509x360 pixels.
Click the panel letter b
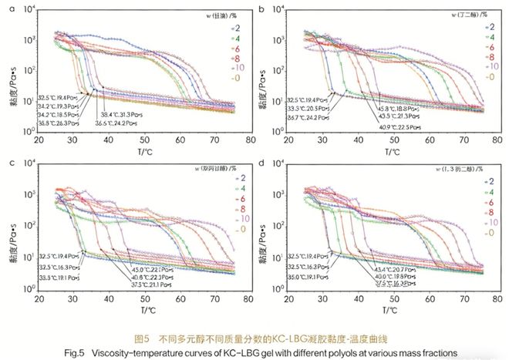click(263, 9)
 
